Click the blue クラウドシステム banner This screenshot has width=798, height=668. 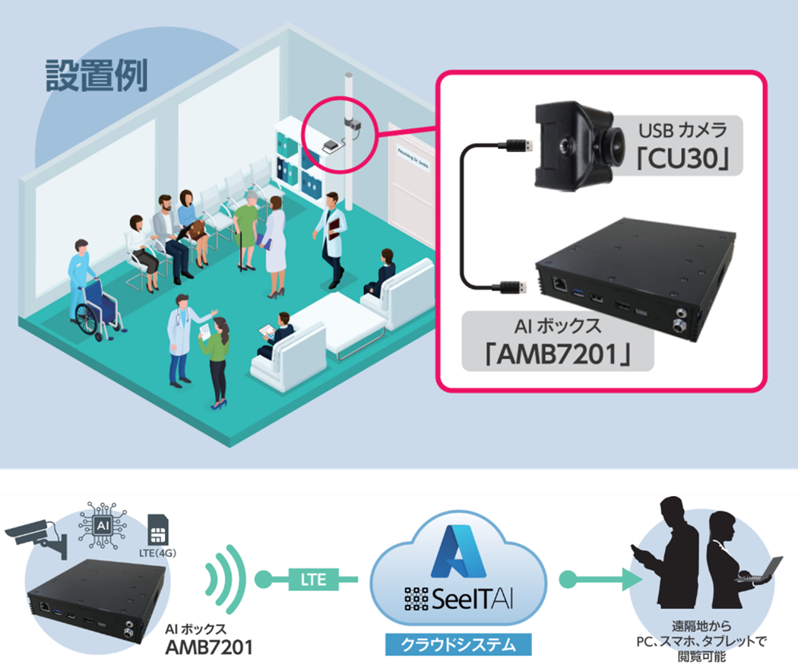pos(454,645)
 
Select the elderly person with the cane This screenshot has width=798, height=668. pos(246,225)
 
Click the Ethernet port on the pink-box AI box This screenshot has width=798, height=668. pos(560,283)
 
